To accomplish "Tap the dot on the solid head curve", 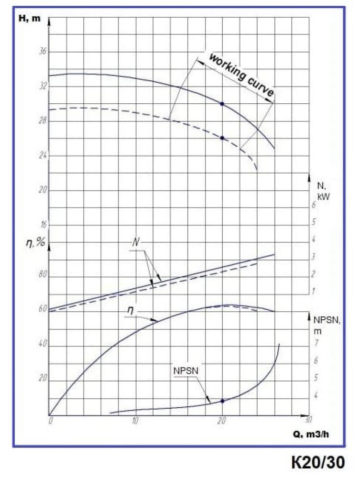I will point(222,103).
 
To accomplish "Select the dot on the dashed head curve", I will point(222,138).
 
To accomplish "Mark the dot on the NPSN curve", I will point(222,401).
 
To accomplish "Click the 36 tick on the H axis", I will point(42,52).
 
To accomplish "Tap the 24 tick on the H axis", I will point(42,156).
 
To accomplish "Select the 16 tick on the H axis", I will point(42,225).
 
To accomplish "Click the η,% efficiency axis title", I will point(35,242).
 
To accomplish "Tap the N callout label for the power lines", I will point(136,242).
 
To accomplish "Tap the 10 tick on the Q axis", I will point(136,421).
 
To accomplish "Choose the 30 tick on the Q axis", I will point(308,420).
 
